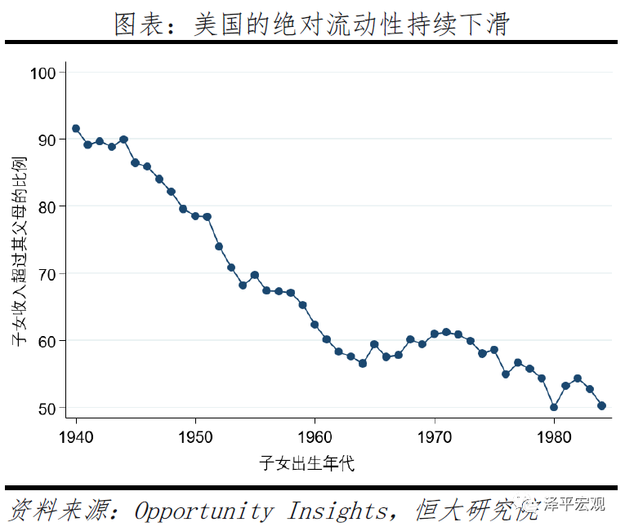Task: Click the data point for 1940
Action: [x=76, y=129]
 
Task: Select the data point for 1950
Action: [x=195, y=216]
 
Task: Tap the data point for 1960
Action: [x=315, y=325]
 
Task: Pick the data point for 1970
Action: [x=434, y=334]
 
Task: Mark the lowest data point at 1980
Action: [x=554, y=407]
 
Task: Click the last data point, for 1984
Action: [x=601, y=405]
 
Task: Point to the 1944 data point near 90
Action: [x=123, y=139]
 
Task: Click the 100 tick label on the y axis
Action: [x=45, y=73]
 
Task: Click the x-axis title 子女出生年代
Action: [x=306, y=464]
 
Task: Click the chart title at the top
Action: [x=311, y=24]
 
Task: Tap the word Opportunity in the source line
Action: [x=203, y=511]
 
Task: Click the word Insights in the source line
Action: [x=337, y=511]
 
